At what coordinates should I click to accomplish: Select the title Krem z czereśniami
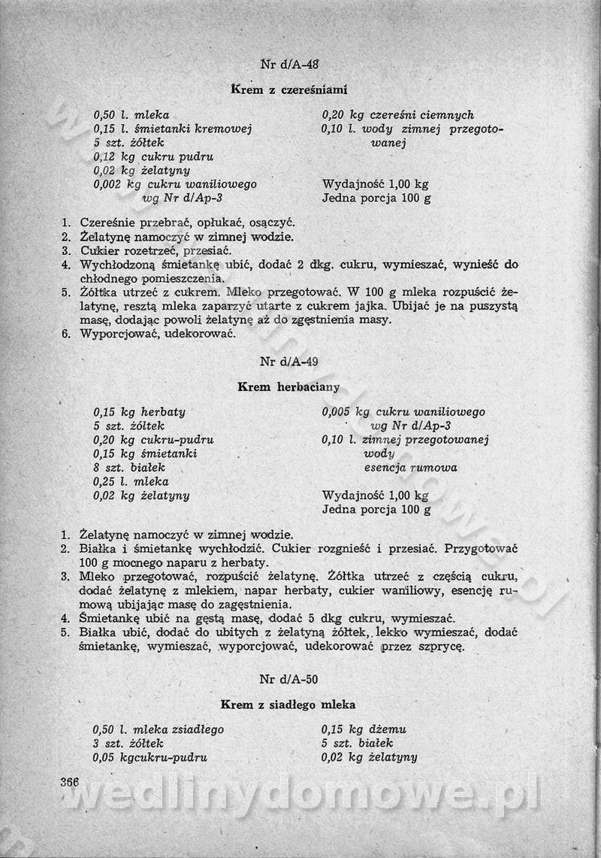pyautogui.click(x=288, y=90)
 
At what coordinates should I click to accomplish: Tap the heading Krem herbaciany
pyautogui.click(x=288, y=387)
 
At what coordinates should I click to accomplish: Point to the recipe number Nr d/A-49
pyautogui.click(x=288, y=362)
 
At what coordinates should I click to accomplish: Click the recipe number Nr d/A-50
pyautogui.click(x=288, y=679)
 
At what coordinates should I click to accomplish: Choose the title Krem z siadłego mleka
pyautogui.click(x=288, y=705)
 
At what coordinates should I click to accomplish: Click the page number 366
pyautogui.click(x=70, y=781)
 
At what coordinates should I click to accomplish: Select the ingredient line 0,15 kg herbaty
pyautogui.click(x=139, y=412)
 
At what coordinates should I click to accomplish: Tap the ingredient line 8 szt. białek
pyautogui.click(x=128, y=468)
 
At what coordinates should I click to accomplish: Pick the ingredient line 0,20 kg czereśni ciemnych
pyautogui.click(x=397, y=115)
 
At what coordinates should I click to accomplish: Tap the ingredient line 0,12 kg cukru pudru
pyautogui.click(x=153, y=156)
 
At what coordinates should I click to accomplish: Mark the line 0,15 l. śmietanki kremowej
pyautogui.click(x=172, y=129)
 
